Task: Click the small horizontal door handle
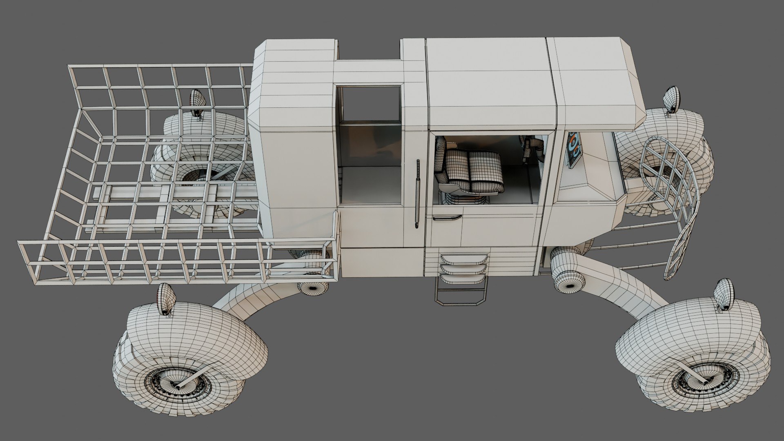click(x=447, y=217)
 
